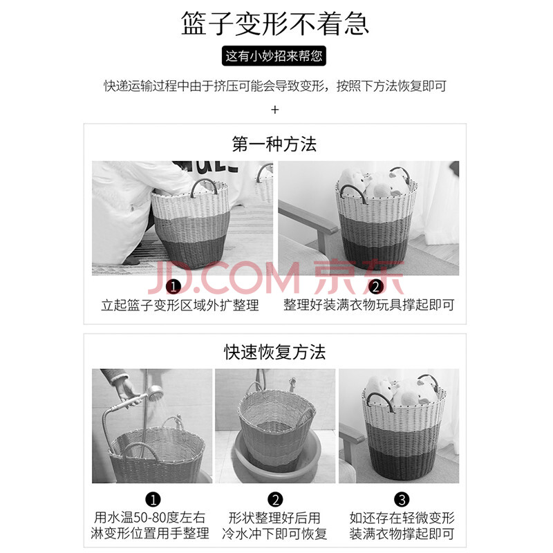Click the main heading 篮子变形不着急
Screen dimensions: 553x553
pyautogui.click(x=275, y=24)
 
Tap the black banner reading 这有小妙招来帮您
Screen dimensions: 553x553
pyautogui.click(x=274, y=56)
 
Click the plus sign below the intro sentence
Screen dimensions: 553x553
pyautogui.click(x=275, y=110)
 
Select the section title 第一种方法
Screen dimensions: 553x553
pyautogui.click(x=274, y=144)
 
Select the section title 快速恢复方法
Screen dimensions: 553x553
pyautogui.click(x=274, y=352)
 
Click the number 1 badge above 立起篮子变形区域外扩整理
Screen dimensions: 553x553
pyautogui.click(x=174, y=287)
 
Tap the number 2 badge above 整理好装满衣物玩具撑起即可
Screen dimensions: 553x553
pyautogui.click(x=376, y=287)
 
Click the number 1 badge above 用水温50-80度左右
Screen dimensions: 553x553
pyautogui.click(x=153, y=499)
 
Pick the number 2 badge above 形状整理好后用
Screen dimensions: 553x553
pyautogui.click(x=275, y=499)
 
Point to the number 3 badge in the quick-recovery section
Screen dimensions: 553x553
pyautogui.click(x=402, y=499)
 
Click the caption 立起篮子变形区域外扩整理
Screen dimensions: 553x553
pyautogui.click(x=180, y=305)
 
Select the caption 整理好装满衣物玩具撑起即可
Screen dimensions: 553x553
pyautogui.click(x=369, y=305)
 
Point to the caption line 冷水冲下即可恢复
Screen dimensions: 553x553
pyautogui.click(x=274, y=534)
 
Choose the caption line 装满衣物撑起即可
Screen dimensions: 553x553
pyautogui.click(x=402, y=534)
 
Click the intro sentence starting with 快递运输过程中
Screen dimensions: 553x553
pyautogui.click(x=275, y=86)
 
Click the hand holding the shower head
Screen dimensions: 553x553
pyautogui.click(x=125, y=390)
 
